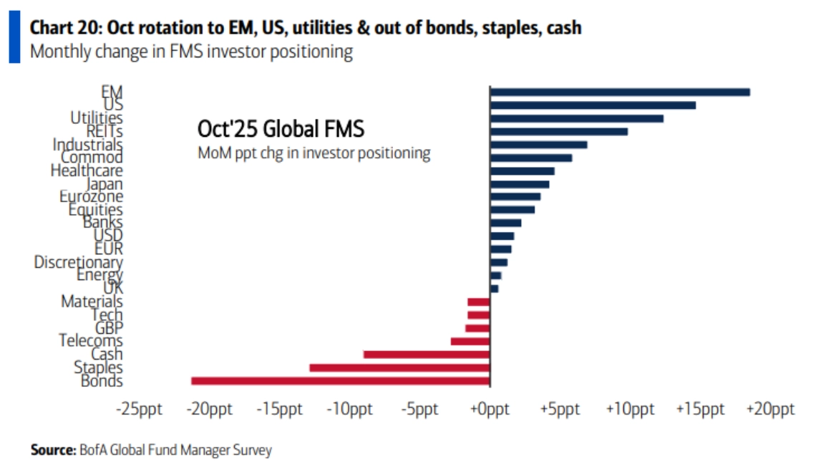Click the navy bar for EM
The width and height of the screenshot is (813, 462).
pos(619,92)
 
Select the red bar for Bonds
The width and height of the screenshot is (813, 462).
pos(340,381)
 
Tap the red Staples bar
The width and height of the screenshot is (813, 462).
pos(399,367)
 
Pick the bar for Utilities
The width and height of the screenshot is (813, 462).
pos(576,118)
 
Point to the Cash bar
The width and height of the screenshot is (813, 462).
pos(427,354)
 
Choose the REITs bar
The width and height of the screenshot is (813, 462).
pos(558,131)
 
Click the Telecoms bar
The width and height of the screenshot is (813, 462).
pos(470,341)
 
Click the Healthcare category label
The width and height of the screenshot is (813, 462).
pos(87,171)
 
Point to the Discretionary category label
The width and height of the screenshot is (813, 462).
pos(79,263)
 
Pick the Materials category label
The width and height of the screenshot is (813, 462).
pos(92,302)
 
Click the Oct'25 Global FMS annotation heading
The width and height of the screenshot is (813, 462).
pos(281,130)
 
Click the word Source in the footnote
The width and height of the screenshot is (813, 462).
pos(52,450)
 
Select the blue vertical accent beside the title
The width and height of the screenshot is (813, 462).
pos(14,39)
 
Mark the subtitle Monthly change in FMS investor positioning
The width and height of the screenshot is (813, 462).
pos(191,52)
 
